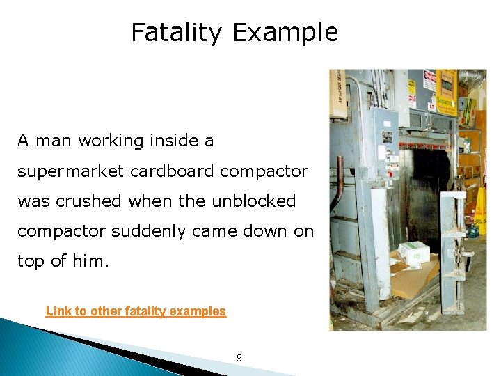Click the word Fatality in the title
(176, 33)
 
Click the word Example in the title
(285, 33)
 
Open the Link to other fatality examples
(136, 311)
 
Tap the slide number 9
(239, 358)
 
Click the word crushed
(93, 201)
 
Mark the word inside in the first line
(163, 141)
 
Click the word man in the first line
(53, 141)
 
